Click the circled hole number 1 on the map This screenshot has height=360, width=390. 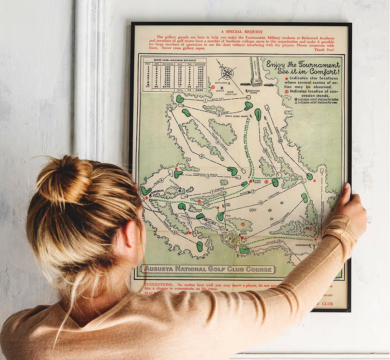point(205,100)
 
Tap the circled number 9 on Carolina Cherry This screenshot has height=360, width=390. point(219,115)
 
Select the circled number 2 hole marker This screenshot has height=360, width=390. point(202,156)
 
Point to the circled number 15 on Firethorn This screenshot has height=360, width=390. point(261,203)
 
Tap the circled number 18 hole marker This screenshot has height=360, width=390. point(265,151)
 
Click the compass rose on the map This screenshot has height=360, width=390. point(227,73)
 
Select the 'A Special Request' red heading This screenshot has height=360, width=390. point(241,32)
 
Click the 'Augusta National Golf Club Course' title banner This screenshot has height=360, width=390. point(208,269)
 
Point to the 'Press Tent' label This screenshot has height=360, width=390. point(231,94)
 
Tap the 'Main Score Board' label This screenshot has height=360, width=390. point(256,91)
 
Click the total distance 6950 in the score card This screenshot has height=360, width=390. point(199,90)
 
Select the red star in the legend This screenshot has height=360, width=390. point(286,79)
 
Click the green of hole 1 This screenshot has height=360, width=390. point(180,99)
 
